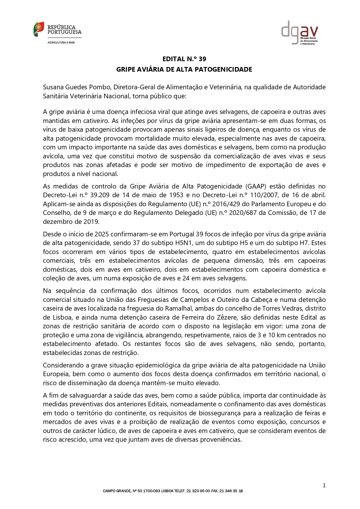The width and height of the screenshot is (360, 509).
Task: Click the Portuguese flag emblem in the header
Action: [x=39, y=29]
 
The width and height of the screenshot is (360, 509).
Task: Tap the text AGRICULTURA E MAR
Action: [x=61, y=43]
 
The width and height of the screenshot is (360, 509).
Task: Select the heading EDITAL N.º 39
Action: [x=184, y=59]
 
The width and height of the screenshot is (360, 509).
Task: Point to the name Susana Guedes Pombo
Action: [x=77, y=87]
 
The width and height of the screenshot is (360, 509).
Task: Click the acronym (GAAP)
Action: [x=256, y=186]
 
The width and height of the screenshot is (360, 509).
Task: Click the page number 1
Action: [x=324, y=486]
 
